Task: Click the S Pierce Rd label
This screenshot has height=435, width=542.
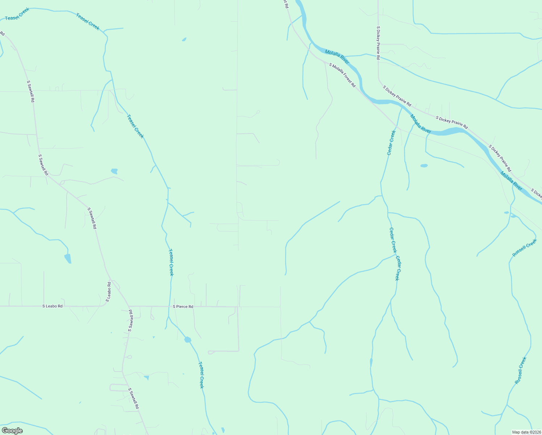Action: click(x=183, y=307)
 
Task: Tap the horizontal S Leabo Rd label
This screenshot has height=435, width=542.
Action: click(x=53, y=306)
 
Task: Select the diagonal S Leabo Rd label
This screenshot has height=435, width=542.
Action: click(x=108, y=292)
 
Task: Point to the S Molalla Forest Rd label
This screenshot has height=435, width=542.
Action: click(x=342, y=75)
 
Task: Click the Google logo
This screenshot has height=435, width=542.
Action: click(x=12, y=431)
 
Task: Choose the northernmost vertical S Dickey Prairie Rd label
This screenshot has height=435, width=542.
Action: click(x=378, y=43)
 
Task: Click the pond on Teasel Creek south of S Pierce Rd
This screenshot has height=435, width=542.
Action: click(x=187, y=340)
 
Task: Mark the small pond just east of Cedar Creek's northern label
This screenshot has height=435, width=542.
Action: click(x=424, y=166)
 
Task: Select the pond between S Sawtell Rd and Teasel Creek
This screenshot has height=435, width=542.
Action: click(x=114, y=171)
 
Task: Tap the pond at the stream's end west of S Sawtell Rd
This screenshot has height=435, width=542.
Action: click(x=68, y=258)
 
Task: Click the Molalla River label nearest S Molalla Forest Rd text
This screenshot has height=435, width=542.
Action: click(x=337, y=57)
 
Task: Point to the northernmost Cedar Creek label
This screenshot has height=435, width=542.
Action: click(x=391, y=142)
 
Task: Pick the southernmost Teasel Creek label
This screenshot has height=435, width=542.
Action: click(x=201, y=375)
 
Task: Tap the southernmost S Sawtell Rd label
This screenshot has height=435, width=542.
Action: click(x=134, y=399)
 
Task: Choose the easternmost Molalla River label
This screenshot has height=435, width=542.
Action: click(x=511, y=181)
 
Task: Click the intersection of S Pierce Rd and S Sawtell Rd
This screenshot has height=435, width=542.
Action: click(x=129, y=306)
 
